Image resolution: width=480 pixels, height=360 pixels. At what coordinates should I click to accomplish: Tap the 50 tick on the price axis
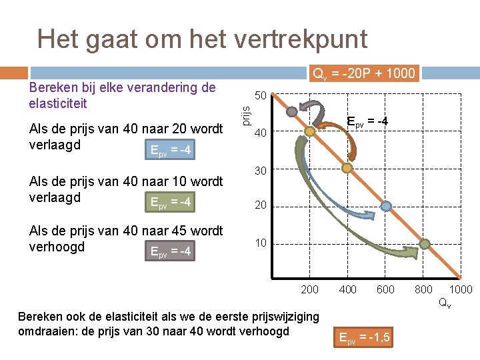pyautogui.click(x=261, y=96)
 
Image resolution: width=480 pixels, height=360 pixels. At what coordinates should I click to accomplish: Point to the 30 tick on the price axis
pyautogui.click(x=261, y=171)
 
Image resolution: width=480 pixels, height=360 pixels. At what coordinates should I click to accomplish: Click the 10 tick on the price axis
pyautogui.click(x=261, y=243)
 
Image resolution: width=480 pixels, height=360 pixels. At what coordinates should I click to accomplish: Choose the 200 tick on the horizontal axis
pyautogui.click(x=309, y=289)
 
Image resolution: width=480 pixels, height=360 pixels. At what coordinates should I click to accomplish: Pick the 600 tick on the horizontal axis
pyautogui.click(x=385, y=289)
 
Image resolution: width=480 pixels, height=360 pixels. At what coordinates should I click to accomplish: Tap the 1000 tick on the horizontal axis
pyautogui.click(x=461, y=289)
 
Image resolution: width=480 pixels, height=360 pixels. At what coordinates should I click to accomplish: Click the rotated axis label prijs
pyautogui.click(x=245, y=115)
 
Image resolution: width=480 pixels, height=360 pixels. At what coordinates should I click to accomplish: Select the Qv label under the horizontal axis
pyautogui.click(x=443, y=302)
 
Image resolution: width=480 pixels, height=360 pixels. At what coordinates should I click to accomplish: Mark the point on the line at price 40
pyautogui.click(x=310, y=132)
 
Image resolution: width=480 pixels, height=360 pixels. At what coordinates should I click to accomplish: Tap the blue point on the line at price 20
pyautogui.click(x=385, y=207)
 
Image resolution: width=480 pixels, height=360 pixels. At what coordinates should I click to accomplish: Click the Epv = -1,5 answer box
pyautogui.click(x=364, y=339)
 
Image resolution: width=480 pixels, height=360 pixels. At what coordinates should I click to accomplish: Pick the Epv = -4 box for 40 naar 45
pyautogui.click(x=171, y=251)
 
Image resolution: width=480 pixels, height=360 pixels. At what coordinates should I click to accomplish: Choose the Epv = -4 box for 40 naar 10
pyautogui.click(x=171, y=201)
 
